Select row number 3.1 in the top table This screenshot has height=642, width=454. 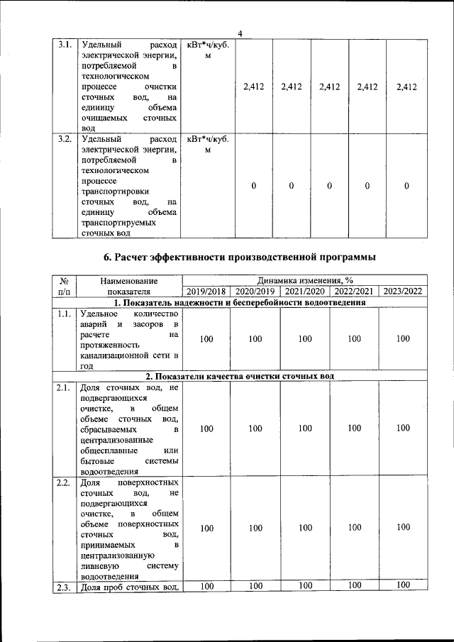64,45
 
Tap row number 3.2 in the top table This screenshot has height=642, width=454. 64,139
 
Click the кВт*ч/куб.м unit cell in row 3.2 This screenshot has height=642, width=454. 206,145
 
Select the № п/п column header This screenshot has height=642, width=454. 64,286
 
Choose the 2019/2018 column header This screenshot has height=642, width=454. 206,292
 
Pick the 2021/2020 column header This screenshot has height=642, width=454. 305,292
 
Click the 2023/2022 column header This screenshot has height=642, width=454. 403,292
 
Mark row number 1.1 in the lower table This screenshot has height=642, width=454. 64,314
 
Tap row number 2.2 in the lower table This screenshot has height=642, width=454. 64,483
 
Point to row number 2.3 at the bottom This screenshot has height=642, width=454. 64,587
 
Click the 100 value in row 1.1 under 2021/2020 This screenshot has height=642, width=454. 305,339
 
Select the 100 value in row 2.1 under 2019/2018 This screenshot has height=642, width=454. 206,428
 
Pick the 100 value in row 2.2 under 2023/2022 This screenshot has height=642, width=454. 403,528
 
